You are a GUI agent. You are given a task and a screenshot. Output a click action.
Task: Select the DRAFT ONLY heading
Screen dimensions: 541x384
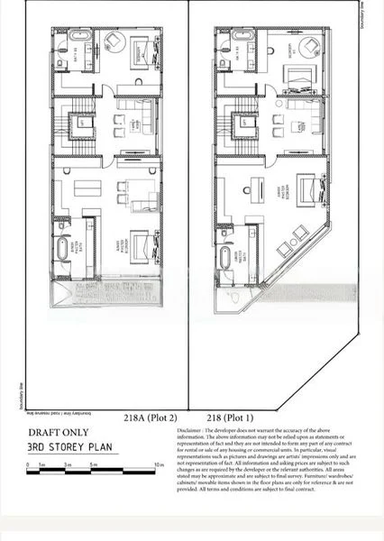[59, 432]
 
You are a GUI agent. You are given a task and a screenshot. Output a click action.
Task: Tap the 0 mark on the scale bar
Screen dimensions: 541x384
[30, 466]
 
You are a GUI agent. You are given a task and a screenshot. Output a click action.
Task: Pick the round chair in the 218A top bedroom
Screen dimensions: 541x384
[114, 42]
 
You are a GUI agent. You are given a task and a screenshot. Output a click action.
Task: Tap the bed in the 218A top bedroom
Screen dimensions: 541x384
[142, 51]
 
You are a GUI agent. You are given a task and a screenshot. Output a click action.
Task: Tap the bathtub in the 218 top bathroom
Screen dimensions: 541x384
[240, 38]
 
